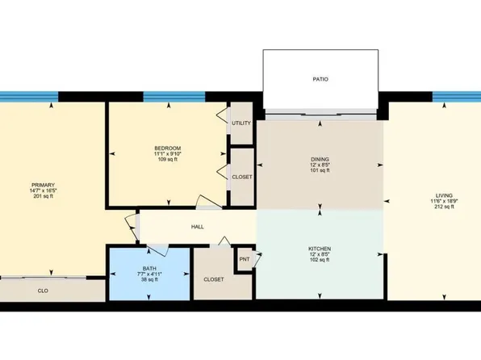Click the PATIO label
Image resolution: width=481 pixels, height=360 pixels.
coord(321,79)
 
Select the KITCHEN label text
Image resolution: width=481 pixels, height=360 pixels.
coord(321,249)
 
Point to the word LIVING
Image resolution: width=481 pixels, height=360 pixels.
coord(443,195)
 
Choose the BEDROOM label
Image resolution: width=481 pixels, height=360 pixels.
coord(167,148)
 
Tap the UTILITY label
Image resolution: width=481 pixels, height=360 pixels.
coord(241,123)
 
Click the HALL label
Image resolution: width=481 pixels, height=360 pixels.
coord(197,227)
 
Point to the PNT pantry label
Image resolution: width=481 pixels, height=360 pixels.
coord(245,260)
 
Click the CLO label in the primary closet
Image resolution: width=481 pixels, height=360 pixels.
coord(41,289)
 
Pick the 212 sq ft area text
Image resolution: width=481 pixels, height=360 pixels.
coord(443,207)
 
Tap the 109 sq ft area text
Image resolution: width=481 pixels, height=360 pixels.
coord(167,160)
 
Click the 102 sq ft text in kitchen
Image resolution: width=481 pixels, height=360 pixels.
coord(321,261)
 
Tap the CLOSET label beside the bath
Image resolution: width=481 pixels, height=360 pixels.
coord(213,279)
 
